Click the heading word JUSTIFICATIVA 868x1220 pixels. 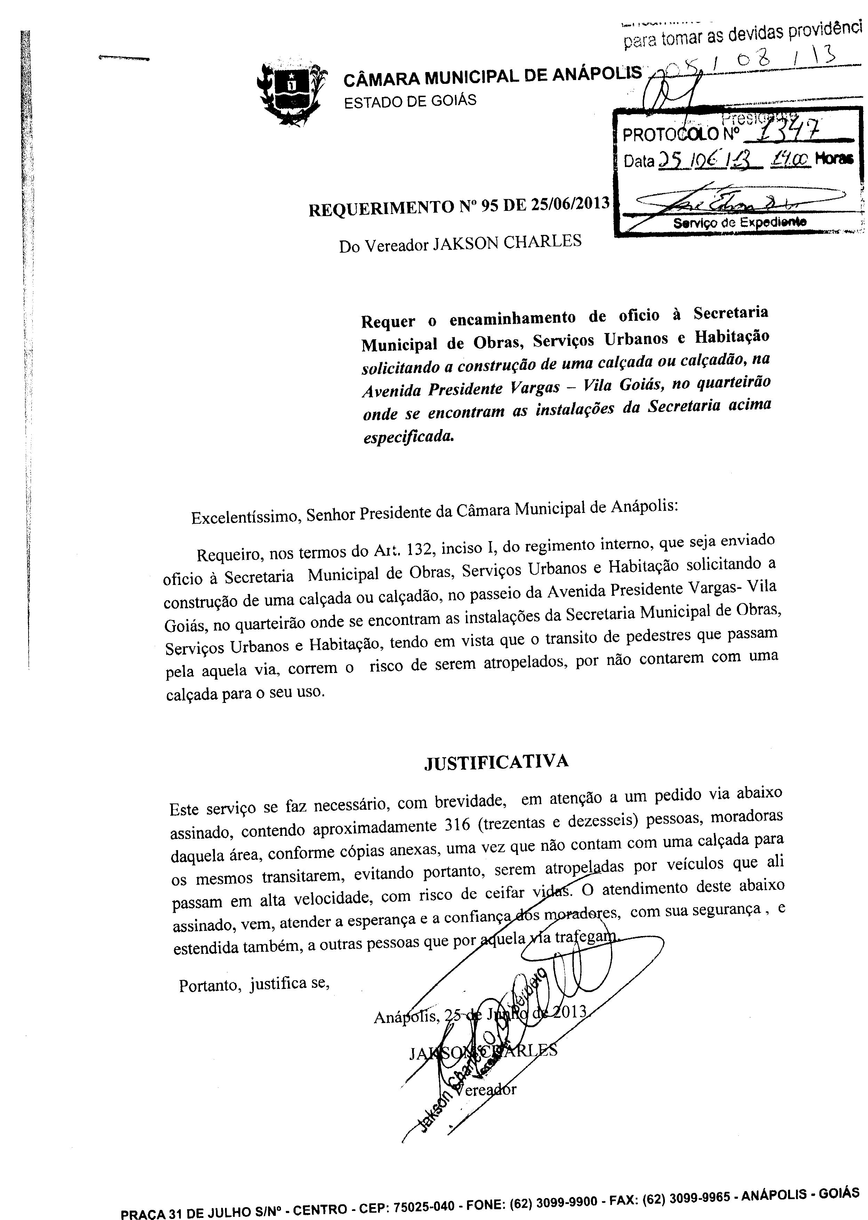tap(496, 762)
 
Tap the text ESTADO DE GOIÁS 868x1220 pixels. tap(410, 101)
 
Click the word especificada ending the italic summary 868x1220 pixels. tap(408, 436)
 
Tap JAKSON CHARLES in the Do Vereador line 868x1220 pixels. tap(506, 243)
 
